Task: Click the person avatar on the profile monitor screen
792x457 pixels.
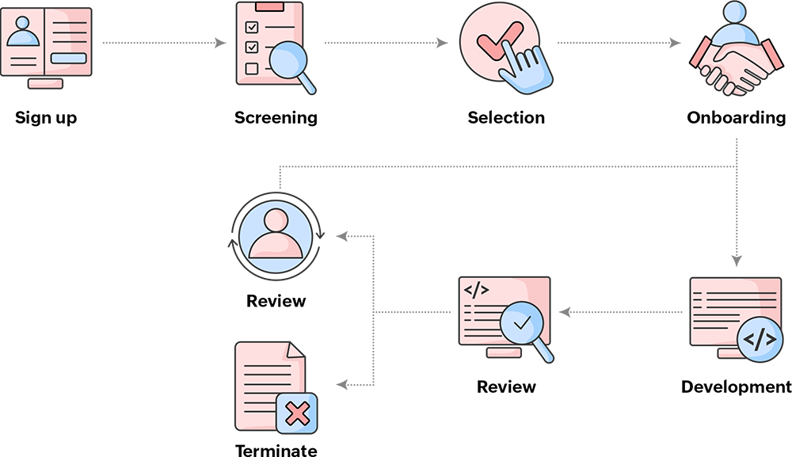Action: coord(23,33)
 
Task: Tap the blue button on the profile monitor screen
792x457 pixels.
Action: coord(69,58)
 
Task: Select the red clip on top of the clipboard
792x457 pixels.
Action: coord(269,6)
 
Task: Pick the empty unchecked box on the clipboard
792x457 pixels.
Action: coord(252,68)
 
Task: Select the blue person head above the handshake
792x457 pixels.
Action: coord(736,13)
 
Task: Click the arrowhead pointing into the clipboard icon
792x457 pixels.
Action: coord(222,43)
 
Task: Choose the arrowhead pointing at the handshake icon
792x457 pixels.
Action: coord(676,43)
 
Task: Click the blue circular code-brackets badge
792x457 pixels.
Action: coord(760,340)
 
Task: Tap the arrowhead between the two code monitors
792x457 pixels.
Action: coord(564,312)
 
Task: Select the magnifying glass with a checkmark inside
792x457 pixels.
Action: coord(522,324)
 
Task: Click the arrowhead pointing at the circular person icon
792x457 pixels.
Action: coord(342,235)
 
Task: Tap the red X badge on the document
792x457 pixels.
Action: coord(297,413)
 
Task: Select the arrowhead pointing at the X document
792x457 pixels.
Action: coord(342,385)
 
